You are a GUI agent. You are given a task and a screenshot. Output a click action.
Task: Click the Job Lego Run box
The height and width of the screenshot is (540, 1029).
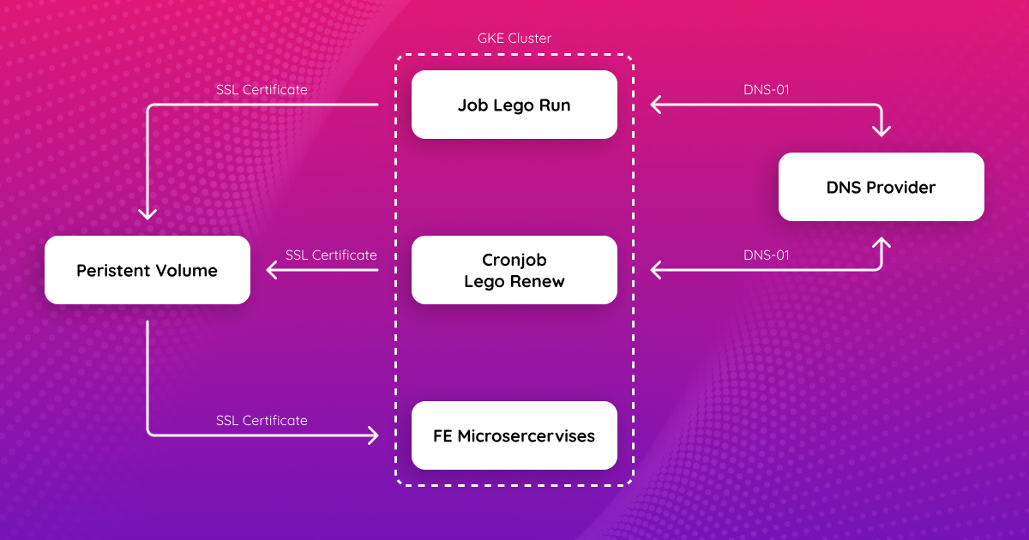(x=514, y=105)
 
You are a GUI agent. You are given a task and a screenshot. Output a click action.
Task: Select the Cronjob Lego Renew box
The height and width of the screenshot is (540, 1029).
(x=514, y=270)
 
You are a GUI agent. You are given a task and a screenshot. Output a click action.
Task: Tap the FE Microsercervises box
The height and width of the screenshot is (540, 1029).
(x=514, y=435)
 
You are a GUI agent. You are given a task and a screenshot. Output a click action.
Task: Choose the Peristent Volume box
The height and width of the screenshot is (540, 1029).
(x=147, y=271)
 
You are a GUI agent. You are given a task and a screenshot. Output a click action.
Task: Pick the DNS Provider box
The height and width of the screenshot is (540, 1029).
(x=881, y=187)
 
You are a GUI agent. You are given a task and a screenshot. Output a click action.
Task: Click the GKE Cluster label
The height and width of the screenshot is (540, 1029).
(x=514, y=39)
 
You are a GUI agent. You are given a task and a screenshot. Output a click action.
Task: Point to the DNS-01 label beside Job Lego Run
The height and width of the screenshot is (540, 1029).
(x=765, y=89)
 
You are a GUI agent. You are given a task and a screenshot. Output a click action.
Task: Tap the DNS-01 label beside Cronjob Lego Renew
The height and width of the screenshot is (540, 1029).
(x=765, y=255)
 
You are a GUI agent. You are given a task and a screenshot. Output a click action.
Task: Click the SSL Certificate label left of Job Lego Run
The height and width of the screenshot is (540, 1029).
(x=262, y=89)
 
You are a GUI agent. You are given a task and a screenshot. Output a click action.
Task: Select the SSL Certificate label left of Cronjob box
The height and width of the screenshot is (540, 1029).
(x=331, y=255)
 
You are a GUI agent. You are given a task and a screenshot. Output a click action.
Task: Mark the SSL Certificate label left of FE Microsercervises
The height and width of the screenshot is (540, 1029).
(x=262, y=420)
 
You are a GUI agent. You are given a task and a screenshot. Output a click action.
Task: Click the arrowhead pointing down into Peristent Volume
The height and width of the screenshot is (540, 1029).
(x=147, y=213)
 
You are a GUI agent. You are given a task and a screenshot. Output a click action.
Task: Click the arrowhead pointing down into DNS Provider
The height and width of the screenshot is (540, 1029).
(x=882, y=130)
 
